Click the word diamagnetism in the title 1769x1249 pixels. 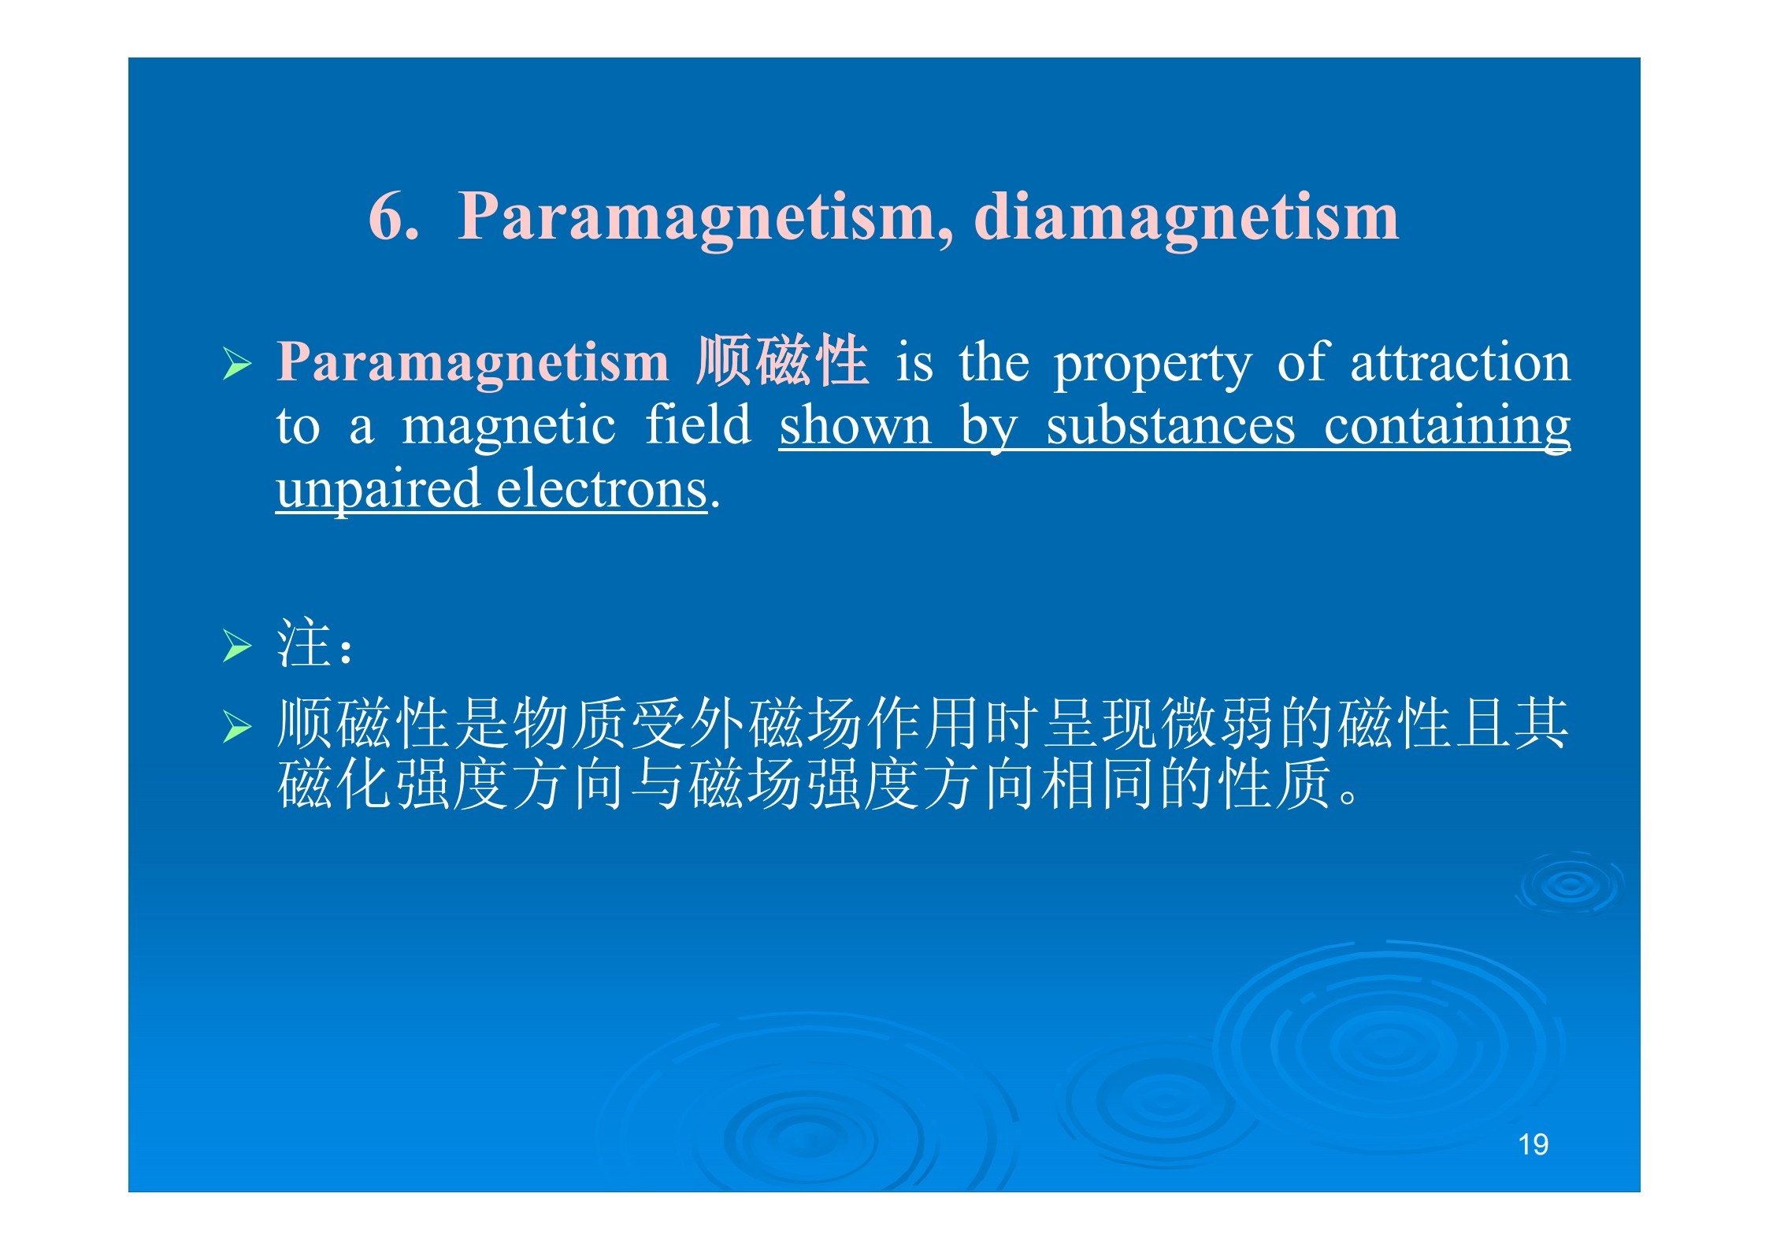[1186, 216]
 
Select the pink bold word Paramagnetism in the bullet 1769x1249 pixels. [473, 363]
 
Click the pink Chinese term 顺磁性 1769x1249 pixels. [782, 361]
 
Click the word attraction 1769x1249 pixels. [1460, 363]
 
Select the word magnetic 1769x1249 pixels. [508, 427]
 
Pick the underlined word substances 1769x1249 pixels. [1170, 425]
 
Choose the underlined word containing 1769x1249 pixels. [1447, 427]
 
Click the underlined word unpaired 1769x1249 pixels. [378, 490]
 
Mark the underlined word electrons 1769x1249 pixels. [602, 488]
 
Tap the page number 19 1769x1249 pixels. [1533, 1144]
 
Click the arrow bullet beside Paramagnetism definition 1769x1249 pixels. [237, 364]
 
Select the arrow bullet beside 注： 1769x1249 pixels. [237, 647]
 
